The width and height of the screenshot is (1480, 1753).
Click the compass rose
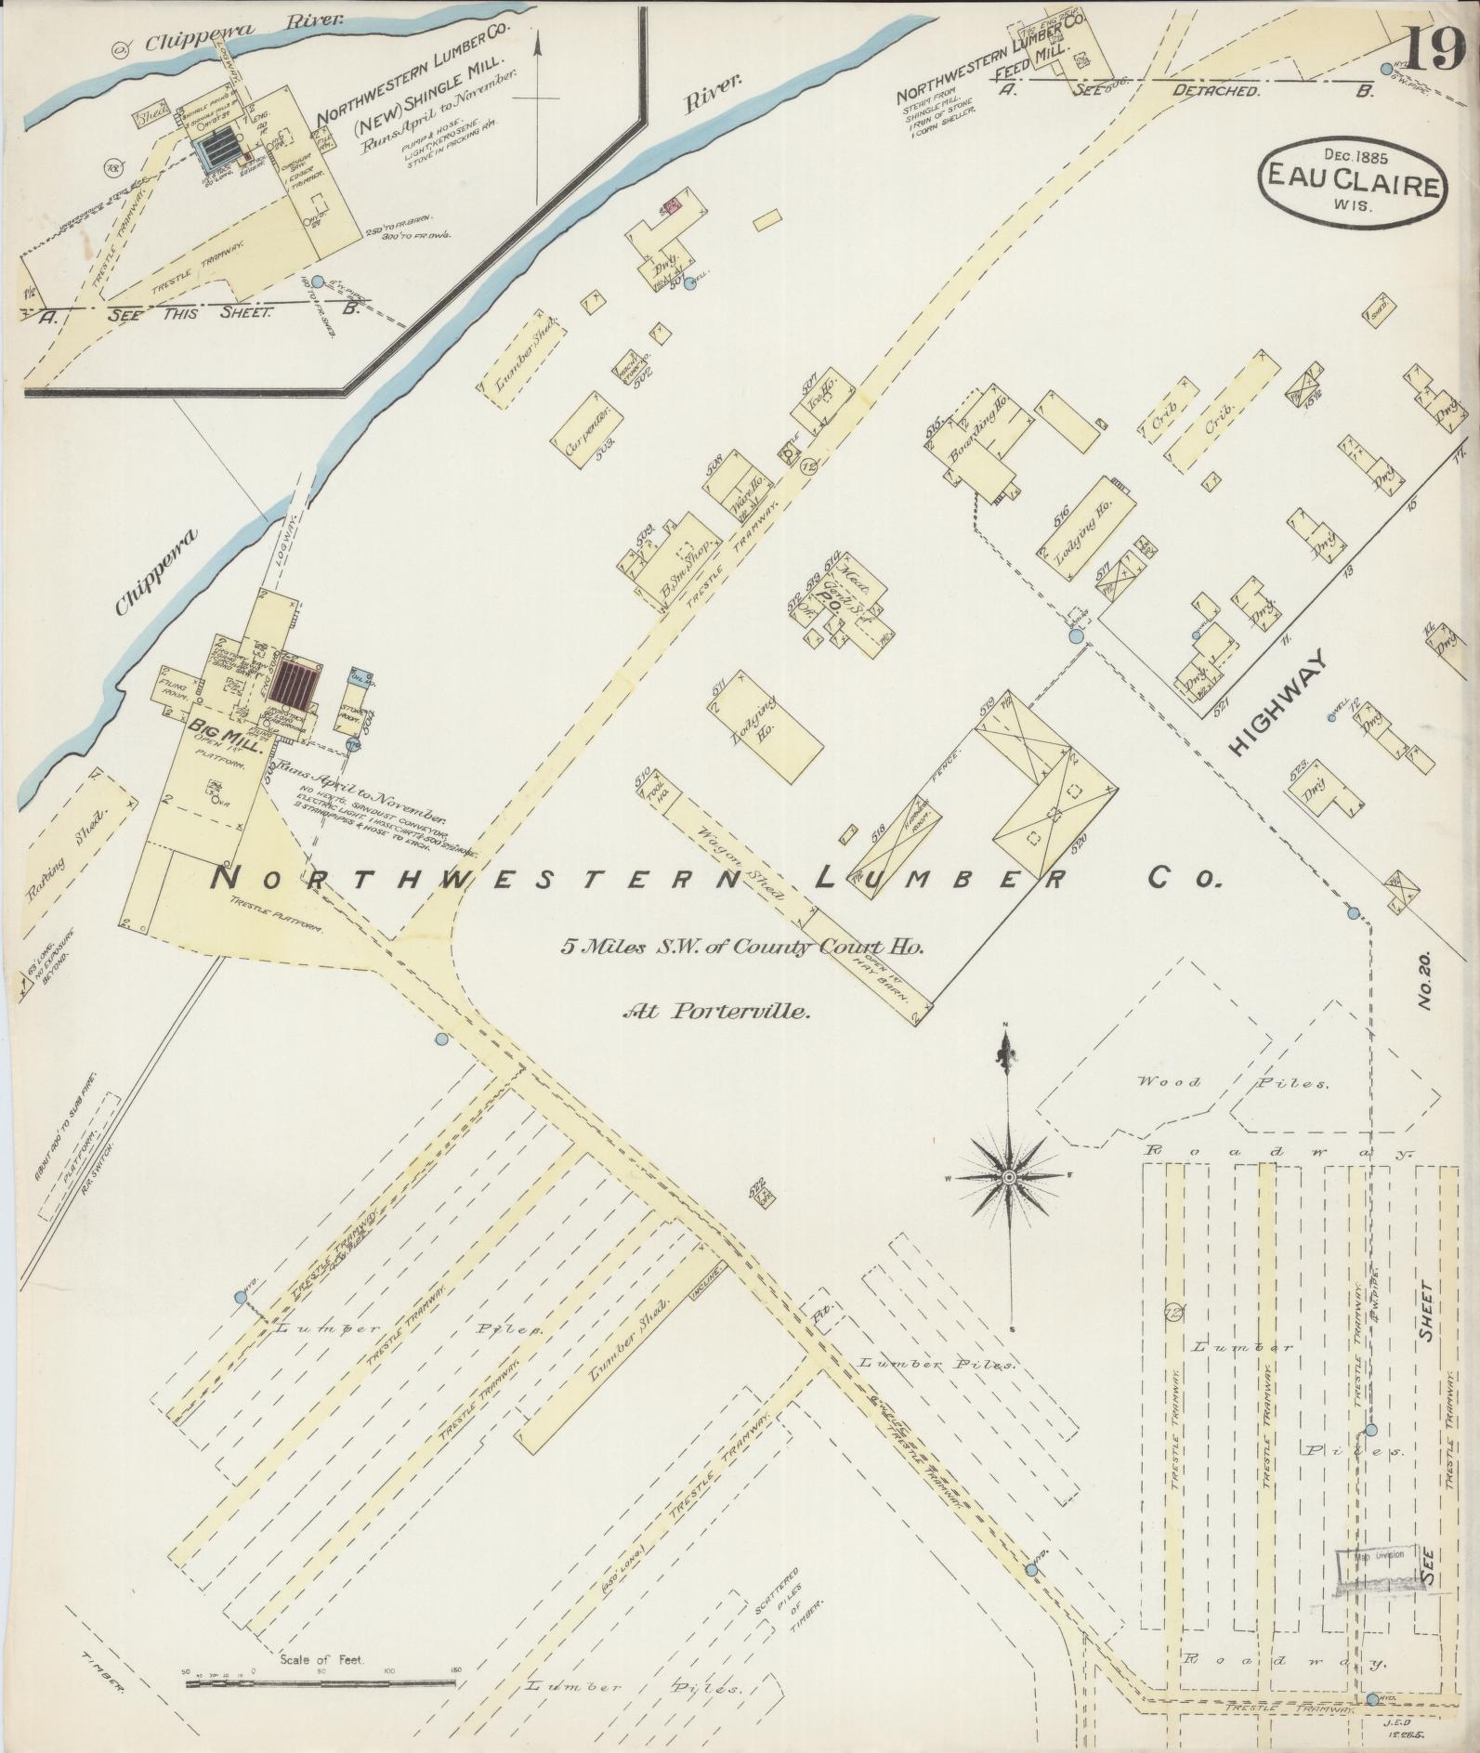coord(1007,1177)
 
